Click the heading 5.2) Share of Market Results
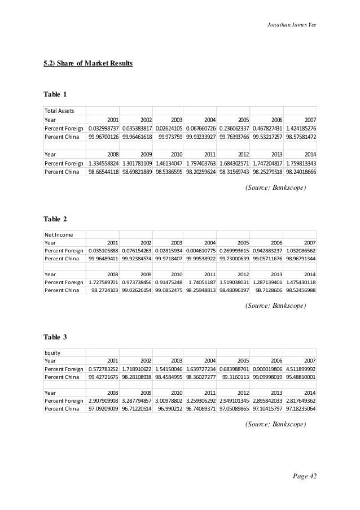(x=89, y=64)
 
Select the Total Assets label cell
(x=60, y=110)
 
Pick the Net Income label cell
(x=58, y=234)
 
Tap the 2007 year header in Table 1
(x=309, y=120)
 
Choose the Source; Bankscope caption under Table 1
(x=275, y=187)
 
